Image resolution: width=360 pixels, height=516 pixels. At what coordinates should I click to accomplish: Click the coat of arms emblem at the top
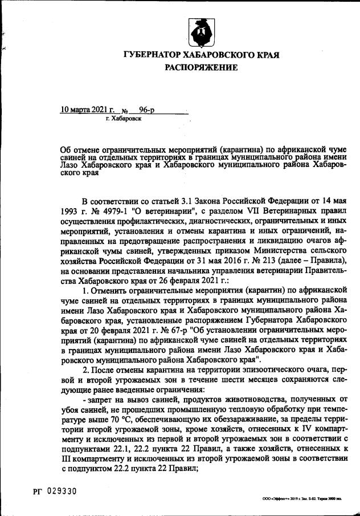point(201,33)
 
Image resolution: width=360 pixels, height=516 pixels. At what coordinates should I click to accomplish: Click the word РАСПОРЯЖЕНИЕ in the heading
point(201,67)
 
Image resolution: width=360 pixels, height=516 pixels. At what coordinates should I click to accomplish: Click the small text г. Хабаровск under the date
point(124,119)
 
